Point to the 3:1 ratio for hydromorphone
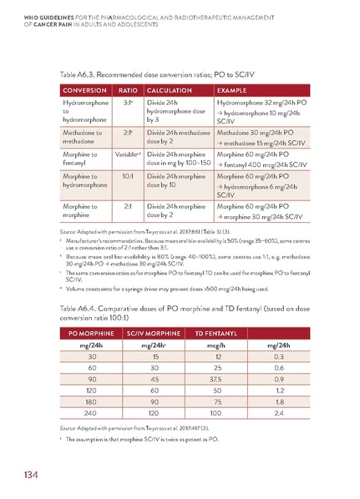pos(128,103)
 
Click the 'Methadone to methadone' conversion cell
pos(82,137)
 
